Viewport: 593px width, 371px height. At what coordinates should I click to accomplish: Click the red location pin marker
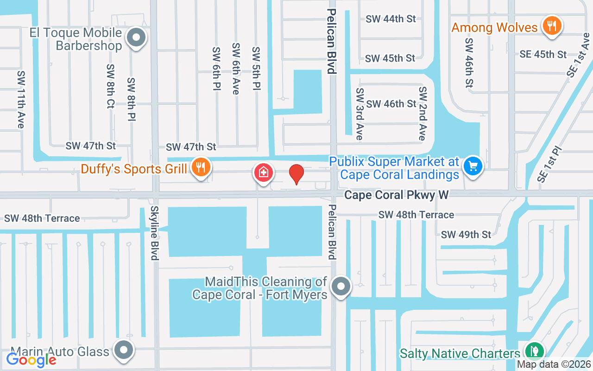pos(296,174)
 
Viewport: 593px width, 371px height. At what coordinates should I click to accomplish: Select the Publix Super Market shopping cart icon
pos(473,166)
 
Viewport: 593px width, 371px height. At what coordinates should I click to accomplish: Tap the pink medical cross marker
pos(263,173)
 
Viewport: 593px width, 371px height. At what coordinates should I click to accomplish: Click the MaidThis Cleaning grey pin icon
pos(341,286)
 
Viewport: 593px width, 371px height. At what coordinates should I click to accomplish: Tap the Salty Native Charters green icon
pos(534,350)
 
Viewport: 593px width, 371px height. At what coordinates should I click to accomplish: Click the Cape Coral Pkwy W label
pos(396,195)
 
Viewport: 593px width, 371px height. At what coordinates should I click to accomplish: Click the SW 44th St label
pos(391,19)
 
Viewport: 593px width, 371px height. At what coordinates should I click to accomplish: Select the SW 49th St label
pos(466,235)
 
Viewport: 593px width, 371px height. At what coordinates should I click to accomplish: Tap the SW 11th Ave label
pos(20,99)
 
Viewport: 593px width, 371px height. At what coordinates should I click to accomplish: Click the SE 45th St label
pos(543,54)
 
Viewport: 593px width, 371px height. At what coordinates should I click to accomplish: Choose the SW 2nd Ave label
pos(422,113)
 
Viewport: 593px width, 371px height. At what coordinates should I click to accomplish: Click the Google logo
pos(31,359)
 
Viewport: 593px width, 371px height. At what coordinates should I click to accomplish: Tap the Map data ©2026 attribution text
pos(554,365)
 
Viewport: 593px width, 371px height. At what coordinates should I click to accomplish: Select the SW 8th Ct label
pos(110,86)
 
